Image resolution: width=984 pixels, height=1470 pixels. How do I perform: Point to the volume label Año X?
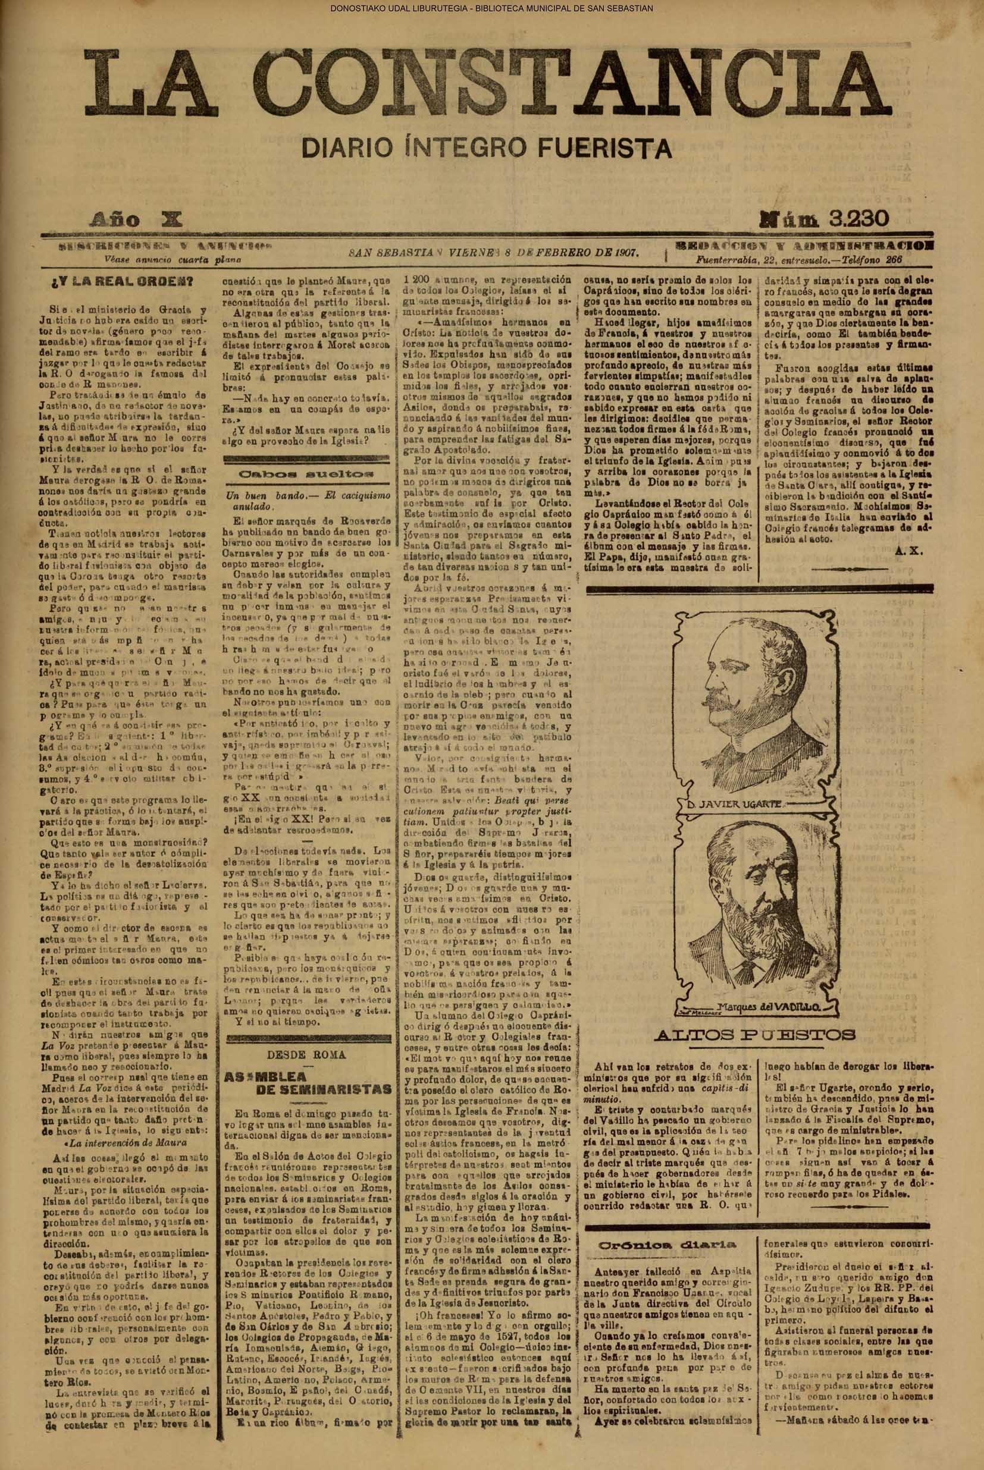pyautogui.click(x=136, y=219)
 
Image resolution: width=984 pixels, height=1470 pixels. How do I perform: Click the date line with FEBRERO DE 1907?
pyautogui.click(x=494, y=253)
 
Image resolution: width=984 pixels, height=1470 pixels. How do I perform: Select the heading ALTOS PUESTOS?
pyautogui.click(x=754, y=1035)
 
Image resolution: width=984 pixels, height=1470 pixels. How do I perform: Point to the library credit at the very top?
pyautogui.click(x=492, y=8)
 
